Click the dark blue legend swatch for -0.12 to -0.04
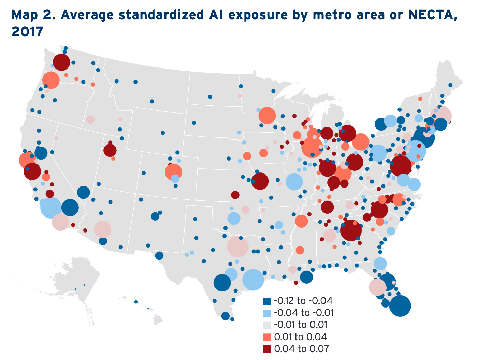click(x=267, y=301)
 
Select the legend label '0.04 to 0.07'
click(x=301, y=349)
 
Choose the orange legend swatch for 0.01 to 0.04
click(x=267, y=337)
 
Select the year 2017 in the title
click(x=27, y=32)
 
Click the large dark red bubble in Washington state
click(x=61, y=62)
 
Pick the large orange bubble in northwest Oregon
click(x=51, y=80)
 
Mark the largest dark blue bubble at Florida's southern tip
click(x=400, y=306)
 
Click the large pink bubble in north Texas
click(x=237, y=247)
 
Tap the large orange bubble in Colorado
click(x=173, y=171)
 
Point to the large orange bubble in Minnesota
click(x=267, y=116)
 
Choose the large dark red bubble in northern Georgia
click(x=351, y=230)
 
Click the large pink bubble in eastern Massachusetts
click(x=441, y=116)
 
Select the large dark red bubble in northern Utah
click(x=110, y=150)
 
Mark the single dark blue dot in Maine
click(x=450, y=85)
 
